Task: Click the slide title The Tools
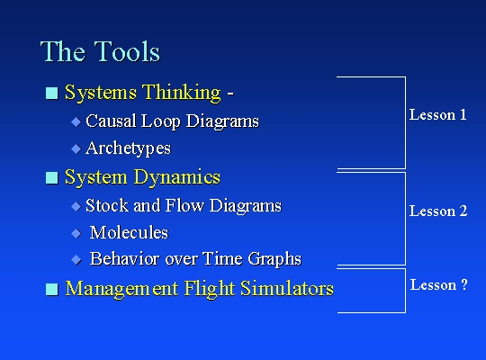100,51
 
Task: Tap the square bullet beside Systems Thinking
52,93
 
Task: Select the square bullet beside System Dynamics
52,177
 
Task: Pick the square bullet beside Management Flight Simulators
52,289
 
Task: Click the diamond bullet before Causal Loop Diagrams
76,121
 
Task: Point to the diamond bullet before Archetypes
76,148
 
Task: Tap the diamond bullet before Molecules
76,233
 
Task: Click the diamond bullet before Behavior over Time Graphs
76,260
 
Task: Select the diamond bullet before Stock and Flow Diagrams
76,206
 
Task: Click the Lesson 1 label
437,114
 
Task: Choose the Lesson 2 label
438,211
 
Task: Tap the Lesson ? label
438,284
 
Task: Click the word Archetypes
129,148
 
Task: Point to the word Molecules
129,232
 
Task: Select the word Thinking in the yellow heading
182,93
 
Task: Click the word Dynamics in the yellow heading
176,177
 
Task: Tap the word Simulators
287,288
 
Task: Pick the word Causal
112,121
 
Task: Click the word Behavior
125,258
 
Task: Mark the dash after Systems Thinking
230,93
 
